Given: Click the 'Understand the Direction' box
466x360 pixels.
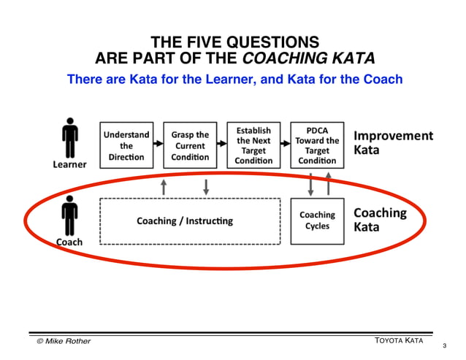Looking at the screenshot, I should pyautogui.click(x=126, y=145).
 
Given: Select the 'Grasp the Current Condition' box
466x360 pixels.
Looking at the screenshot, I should pyautogui.click(x=190, y=145).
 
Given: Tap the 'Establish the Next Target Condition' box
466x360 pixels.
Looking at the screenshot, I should pyautogui.click(x=253, y=145).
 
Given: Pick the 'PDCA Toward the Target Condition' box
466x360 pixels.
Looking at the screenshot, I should pyautogui.click(x=317, y=145).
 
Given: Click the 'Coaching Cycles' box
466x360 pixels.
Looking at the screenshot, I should pyautogui.click(x=317, y=221).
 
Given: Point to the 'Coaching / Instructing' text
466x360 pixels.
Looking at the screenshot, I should pyautogui.click(x=185, y=221).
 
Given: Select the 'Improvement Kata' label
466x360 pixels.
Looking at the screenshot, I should pyautogui.click(x=393, y=143).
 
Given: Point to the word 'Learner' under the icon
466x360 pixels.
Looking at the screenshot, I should pyautogui.click(x=69, y=165).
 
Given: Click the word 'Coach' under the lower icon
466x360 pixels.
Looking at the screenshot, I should pyautogui.click(x=69, y=242).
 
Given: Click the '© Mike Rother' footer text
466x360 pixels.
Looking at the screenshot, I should pyautogui.click(x=64, y=341).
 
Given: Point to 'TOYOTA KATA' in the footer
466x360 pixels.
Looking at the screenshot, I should pyautogui.click(x=398, y=341).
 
